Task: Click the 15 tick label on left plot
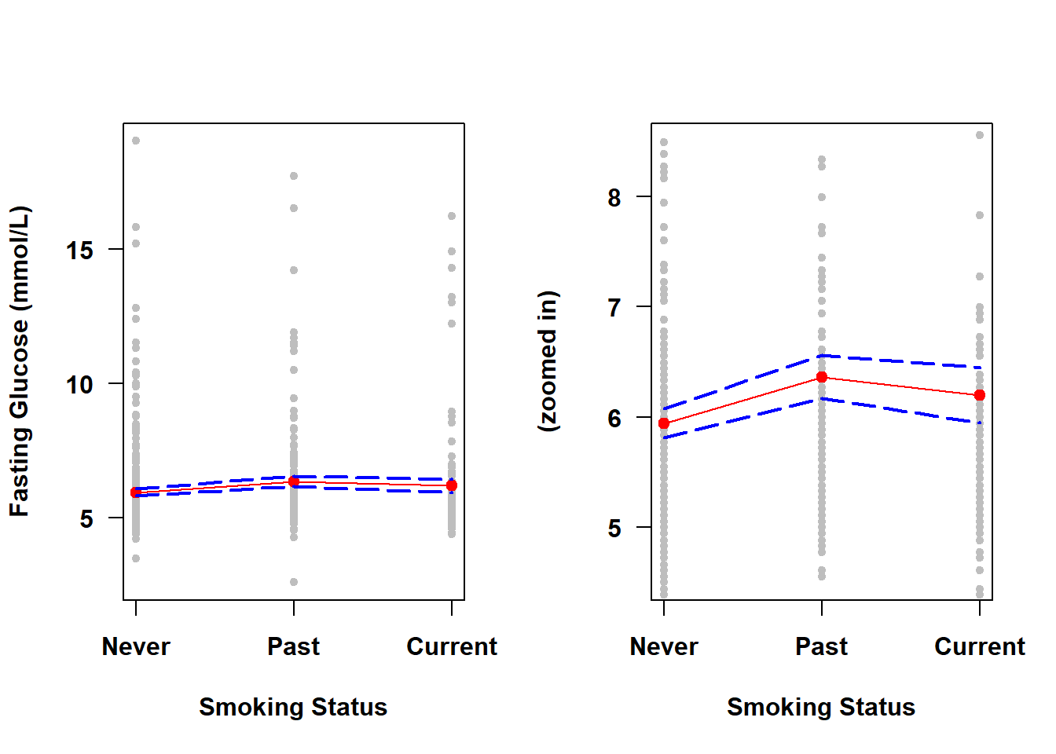coord(79,251)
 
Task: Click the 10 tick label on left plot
coord(79,385)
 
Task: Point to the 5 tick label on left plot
coord(86,519)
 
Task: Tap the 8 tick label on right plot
coord(614,198)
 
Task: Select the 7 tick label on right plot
coord(614,308)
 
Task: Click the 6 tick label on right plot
coord(614,419)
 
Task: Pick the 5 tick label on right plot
coord(614,529)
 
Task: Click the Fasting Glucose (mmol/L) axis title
coord(19,361)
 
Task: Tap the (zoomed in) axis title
coord(548,361)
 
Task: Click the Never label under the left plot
coord(136,646)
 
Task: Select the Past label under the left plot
coord(293,646)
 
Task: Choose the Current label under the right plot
coord(979,646)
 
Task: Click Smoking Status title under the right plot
coord(821,707)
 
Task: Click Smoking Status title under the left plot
coord(293,707)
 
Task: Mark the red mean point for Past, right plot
coord(822,378)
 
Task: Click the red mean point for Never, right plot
coord(664,423)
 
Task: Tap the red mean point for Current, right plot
coord(980,395)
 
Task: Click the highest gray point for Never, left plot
coord(136,141)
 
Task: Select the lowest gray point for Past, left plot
coord(294,582)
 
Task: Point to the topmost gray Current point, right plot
coord(980,135)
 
